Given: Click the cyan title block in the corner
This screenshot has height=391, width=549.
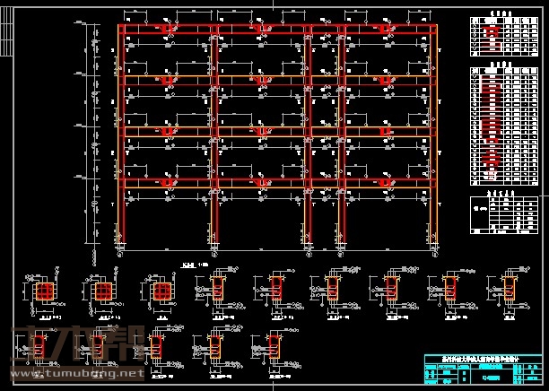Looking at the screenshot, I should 483,369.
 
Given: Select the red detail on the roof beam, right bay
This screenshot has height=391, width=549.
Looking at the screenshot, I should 388,30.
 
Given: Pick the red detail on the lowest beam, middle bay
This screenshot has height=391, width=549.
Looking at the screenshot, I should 261,185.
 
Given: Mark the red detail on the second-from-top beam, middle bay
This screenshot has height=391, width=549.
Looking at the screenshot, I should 261,82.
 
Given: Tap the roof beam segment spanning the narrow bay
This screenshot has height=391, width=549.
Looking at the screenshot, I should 327,27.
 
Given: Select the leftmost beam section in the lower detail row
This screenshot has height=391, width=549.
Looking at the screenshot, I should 156,344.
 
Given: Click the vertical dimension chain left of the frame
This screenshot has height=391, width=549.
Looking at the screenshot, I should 93,135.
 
